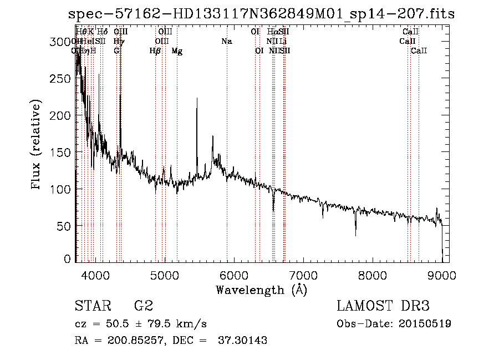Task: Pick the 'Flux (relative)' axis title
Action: [x=37, y=145]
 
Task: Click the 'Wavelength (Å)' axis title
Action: [x=261, y=290]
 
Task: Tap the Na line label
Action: [x=226, y=42]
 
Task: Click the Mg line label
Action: [x=177, y=51]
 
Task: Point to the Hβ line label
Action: [x=155, y=51]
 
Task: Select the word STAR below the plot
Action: [x=92, y=306]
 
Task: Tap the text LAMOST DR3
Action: [x=383, y=306]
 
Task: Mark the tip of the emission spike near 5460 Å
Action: [x=197, y=99]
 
